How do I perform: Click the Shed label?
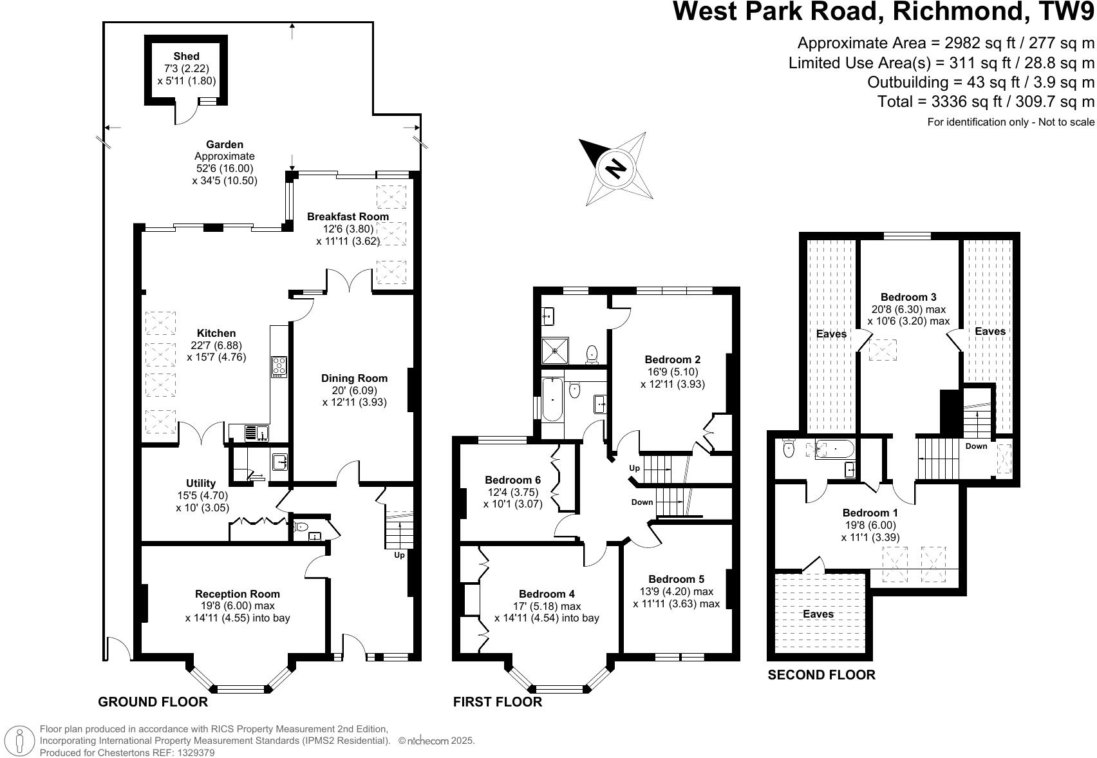pyautogui.click(x=187, y=57)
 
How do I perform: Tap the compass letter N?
pyautogui.click(x=616, y=168)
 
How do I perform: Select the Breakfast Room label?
pyautogui.click(x=348, y=216)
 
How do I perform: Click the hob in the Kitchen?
pyautogui.click(x=279, y=366)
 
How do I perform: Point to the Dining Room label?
pyautogui.click(x=355, y=379)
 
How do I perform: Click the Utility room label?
pyautogui.click(x=201, y=483)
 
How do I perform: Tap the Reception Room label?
pyautogui.click(x=238, y=594)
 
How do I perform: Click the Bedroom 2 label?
pyautogui.click(x=673, y=359)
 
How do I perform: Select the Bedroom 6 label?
pyautogui.click(x=513, y=480)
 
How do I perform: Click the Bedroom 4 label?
pyautogui.click(x=547, y=594)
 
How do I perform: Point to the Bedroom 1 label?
pyautogui.click(x=870, y=513)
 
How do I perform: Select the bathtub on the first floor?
pyautogui.click(x=552, y=399)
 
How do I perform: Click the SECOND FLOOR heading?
pyautogui.click(x=821, y=675)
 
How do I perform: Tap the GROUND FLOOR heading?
pyautogui.click(x=153, y=702)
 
